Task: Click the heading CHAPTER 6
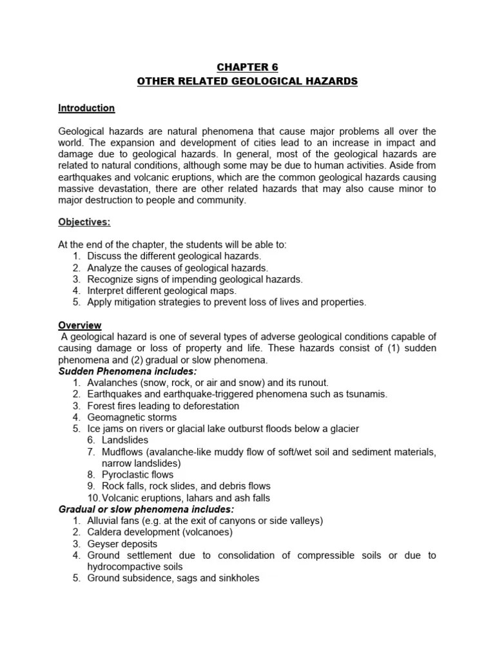247,68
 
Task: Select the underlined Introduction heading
86,108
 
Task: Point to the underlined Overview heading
80,325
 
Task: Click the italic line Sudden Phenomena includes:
128,372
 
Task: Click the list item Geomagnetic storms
132,418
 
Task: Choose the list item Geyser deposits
122,544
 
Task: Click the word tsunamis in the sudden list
365,394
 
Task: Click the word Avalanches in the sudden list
113,383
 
